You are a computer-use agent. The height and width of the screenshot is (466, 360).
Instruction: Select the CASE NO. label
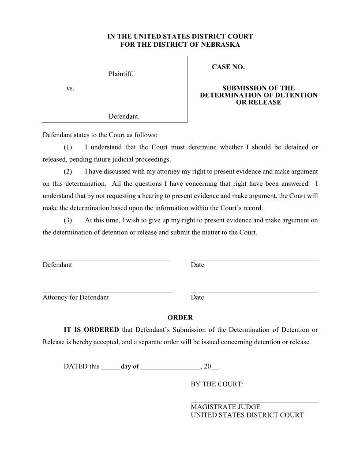pyautogui.click(x=228, y=67)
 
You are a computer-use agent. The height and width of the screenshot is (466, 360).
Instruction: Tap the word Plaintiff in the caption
pyautogui.click(x=120, y=74)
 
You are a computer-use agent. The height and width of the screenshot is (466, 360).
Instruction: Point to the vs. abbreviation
pyautogui.click(x=70, y=88)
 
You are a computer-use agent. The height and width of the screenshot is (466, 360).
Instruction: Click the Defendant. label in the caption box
pyautogui.click(x=124, y=116)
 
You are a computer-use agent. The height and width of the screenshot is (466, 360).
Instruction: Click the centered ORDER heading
pyautogui.click(x=180, y=317)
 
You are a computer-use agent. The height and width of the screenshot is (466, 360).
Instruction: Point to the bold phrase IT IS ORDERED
pyautogui.click(x=91, y=330)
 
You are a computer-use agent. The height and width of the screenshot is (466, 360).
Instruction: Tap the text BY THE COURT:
pyautogui.click(x=217, y=384)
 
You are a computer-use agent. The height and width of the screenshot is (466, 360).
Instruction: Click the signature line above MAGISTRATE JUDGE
pyautogui.click(x=254, y=402)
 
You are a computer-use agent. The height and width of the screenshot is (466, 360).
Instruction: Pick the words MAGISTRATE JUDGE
pyautogui.click(x=225, y=407)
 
